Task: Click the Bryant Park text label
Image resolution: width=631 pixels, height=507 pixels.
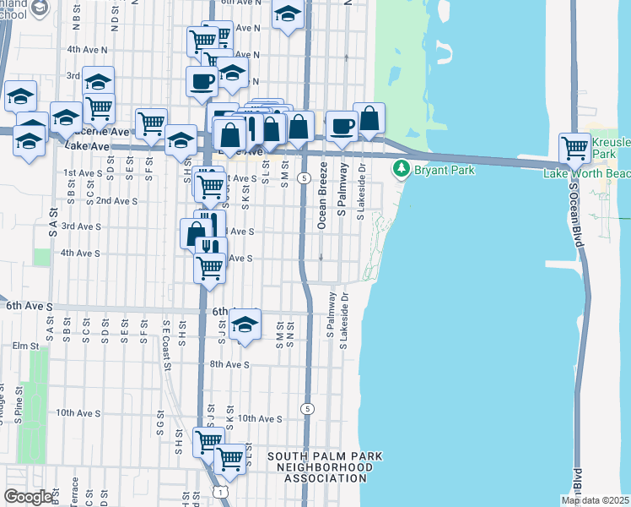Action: click(x=444, y=170)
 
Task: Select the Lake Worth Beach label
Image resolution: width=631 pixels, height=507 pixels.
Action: click(x=587, y=173)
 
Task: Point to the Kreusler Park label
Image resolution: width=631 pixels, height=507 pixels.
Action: click(x=612, y=148)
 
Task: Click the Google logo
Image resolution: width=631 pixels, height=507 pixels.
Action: click(x=28, y=497)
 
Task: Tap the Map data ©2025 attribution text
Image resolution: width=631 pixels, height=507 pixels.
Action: click(x=594, y=500)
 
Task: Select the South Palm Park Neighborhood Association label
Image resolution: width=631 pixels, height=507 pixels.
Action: click(x=325, y=467)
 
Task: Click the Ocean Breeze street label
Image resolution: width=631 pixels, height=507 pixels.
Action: click(x=322, y=208)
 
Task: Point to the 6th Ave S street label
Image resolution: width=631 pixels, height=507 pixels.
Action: click(x=30, y=304)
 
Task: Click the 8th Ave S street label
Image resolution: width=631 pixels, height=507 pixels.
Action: click(x=229, y=364)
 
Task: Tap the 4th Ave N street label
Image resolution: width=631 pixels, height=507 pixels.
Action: click(x=87, y=50)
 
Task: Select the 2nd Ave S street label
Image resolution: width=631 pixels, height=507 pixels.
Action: click(x=116, y=201)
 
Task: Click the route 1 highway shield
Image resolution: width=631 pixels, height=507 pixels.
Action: click(x=219, y=491)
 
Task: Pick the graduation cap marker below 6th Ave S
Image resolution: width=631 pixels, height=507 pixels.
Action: click(x=244, y=324)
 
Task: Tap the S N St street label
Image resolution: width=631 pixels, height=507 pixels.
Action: click(x=290, y=330)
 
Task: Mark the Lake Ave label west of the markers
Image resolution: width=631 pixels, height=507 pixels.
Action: click(x=88, y=146)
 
